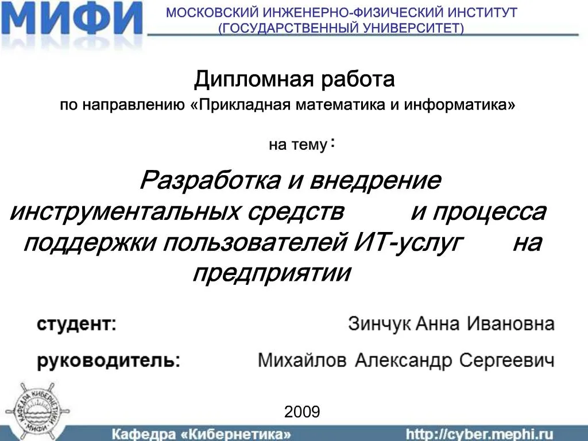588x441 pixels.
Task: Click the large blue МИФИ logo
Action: [71, 19]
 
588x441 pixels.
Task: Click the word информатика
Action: [459, 105]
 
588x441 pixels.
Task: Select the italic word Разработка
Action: [210, 181]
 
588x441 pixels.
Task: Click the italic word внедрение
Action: [376, 181]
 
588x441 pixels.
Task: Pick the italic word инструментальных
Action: [125, 212]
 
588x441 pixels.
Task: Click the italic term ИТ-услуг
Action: [409, 243]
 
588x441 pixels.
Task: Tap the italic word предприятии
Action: [272, 273]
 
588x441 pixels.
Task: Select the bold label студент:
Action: [76, 324]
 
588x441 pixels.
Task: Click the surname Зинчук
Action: [380, 324]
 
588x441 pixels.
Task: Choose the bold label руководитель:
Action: [109, 361]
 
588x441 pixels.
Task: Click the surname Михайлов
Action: [302, 361]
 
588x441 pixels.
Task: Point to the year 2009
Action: [302, 412]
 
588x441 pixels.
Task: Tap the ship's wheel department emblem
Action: [37, 409]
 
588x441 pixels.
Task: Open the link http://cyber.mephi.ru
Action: [479, 435]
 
